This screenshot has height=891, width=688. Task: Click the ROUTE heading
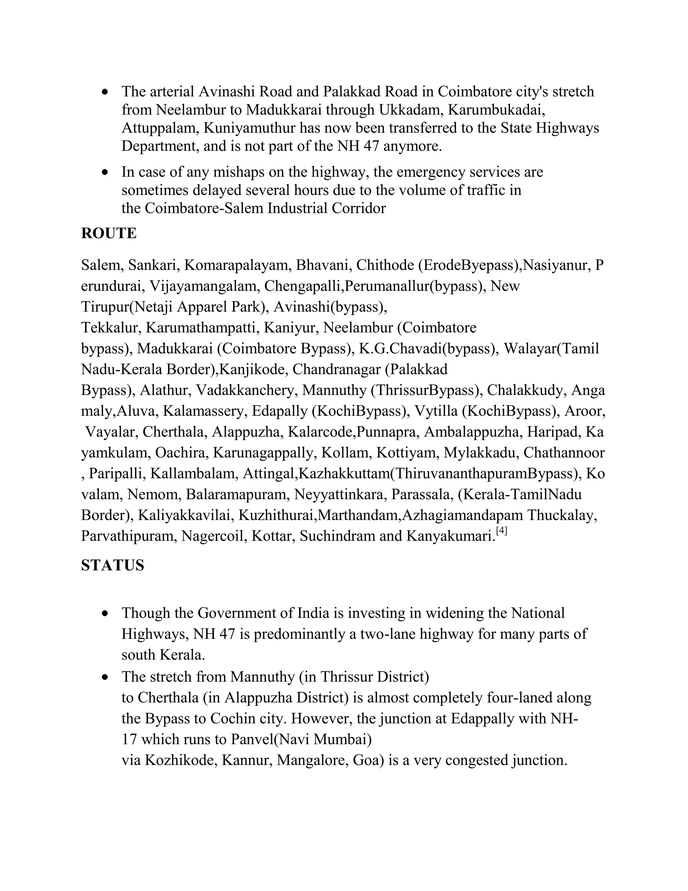tap(109, 233)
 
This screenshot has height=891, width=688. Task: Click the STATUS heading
tap(113, 566)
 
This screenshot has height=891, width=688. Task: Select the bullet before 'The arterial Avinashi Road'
tap(105, 92)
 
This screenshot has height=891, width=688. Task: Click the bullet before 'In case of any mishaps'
tap(105, 172)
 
